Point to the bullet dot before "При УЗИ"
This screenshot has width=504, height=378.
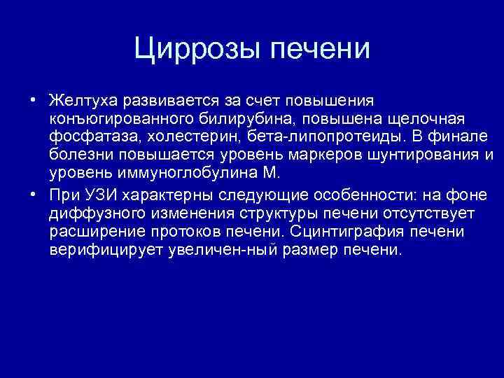point(33,193)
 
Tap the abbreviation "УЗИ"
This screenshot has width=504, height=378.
point(94,193)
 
